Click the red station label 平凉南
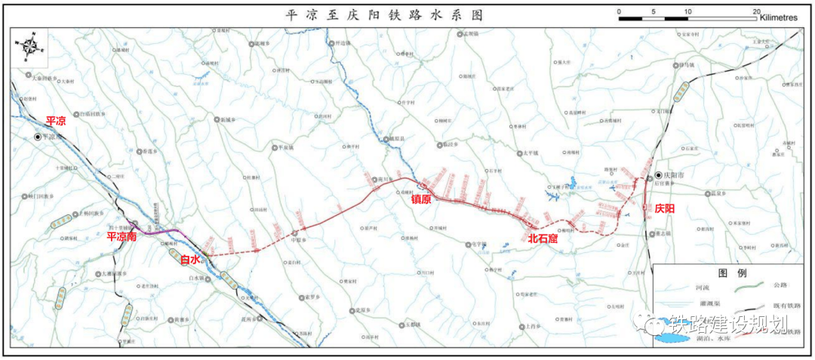(121, 236)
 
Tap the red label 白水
(190, 259)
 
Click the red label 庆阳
(665, 208)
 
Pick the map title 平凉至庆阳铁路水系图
(384, 14)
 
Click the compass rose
(29, 46)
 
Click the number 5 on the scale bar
(654, 11)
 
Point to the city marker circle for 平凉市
(36, 137)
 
